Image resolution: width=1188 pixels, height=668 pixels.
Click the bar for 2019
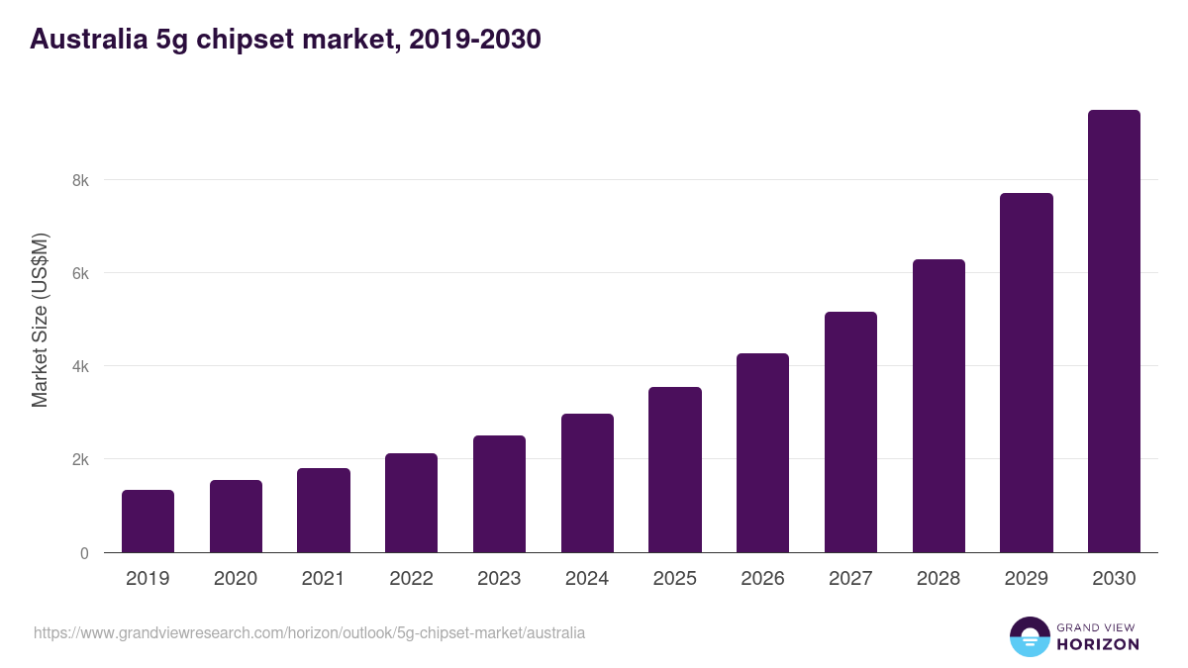(148, 522)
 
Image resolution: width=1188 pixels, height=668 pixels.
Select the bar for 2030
(1114, 332)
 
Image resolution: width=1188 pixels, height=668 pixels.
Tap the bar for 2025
(675, 470)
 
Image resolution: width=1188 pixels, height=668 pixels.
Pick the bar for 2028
(939, 406)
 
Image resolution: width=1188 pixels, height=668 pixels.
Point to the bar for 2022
(411, 503)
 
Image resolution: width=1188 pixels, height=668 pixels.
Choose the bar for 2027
(850, 432)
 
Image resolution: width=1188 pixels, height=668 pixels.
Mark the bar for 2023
(499, 494)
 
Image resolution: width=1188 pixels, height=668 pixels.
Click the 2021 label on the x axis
(323, 579)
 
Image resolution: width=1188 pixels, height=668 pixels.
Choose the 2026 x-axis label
(762, 579)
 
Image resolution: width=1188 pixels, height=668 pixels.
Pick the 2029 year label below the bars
(1026, 579)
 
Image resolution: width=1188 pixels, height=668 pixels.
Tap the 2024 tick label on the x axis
(587, 579)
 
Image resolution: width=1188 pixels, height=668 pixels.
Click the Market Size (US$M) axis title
(41, 320)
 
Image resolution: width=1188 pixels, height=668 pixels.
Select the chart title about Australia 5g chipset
(285, 40)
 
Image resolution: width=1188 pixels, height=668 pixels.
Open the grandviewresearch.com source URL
(309, 632)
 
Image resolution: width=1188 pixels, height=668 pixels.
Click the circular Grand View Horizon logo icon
(1030, 636)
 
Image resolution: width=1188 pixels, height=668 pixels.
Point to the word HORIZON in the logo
(1099, 644)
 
